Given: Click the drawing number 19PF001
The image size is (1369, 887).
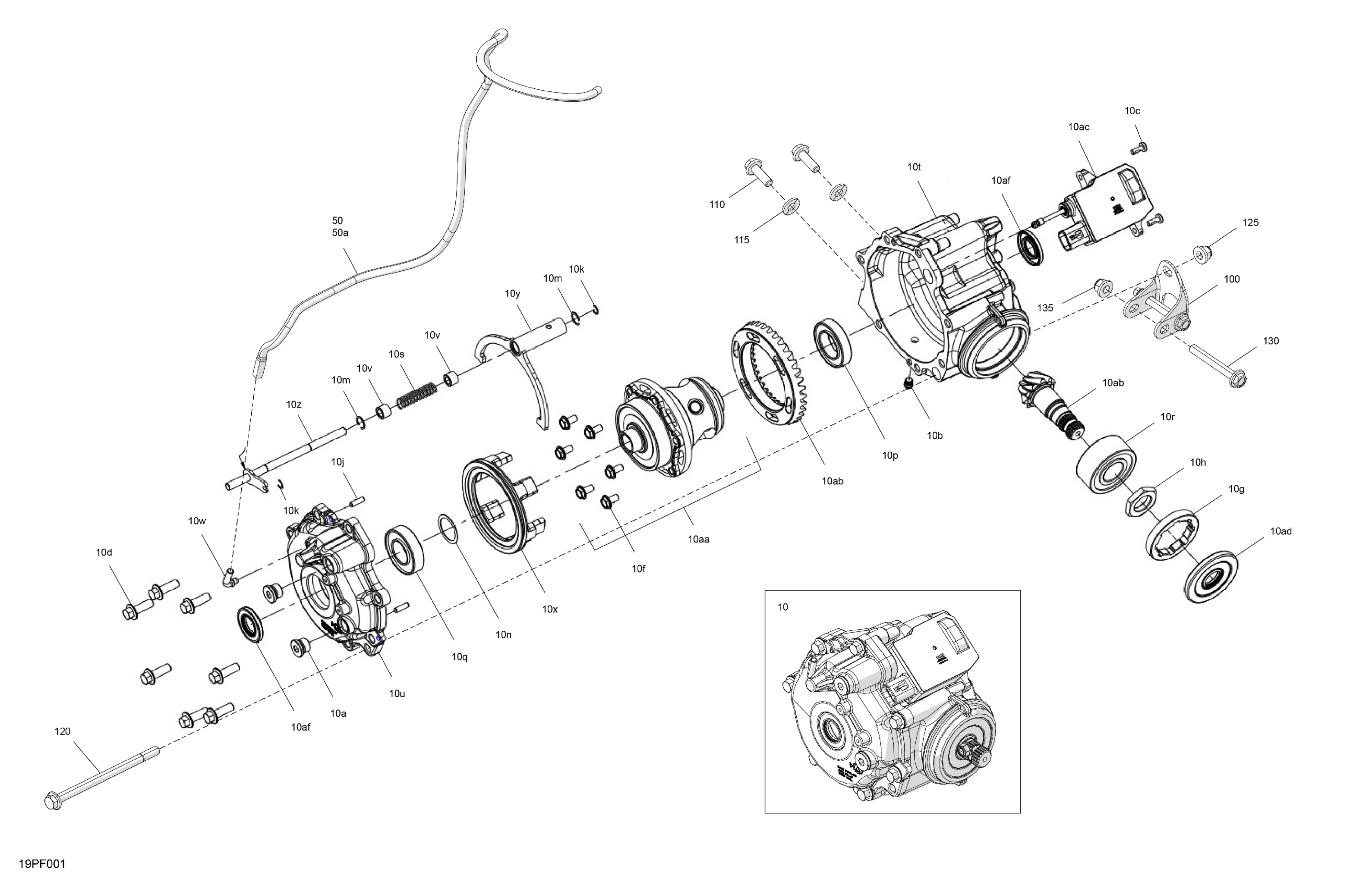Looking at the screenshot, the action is (42, 864).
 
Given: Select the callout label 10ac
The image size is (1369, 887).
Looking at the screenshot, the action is (1079, 127).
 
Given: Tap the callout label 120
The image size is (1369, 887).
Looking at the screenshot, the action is (62, 731).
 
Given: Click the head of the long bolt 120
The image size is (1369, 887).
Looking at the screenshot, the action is (52, 800).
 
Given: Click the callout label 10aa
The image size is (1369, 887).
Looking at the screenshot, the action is (698, 539).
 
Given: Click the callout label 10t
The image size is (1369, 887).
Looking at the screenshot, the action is (914, 167).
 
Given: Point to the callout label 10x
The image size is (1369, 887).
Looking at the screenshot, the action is (550, 609).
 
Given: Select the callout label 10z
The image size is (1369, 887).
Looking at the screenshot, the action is (293, 405).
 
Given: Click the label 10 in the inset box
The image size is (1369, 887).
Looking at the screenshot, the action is (782, 607).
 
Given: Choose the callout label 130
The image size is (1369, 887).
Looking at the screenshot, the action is (1271, 341).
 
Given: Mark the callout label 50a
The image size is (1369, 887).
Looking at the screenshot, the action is (340, 233).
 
